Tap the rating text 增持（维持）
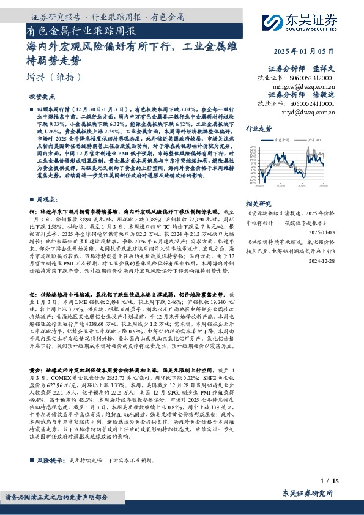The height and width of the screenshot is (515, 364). (x=54, y=77)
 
